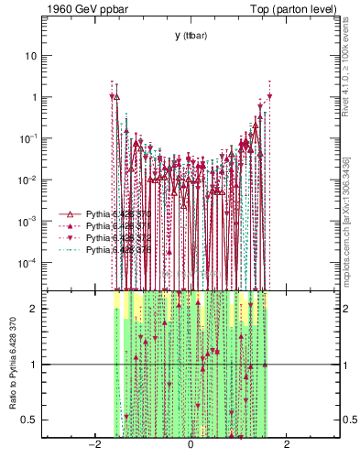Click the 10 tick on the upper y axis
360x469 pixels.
[32, 55]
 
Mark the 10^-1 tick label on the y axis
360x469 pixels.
[30, 138]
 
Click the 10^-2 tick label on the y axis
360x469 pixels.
[30, 180]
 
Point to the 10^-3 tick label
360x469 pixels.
[30, 221]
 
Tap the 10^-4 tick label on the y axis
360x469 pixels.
[30, 263]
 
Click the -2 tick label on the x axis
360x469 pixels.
[93, 445]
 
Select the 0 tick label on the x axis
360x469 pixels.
[190, 445]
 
